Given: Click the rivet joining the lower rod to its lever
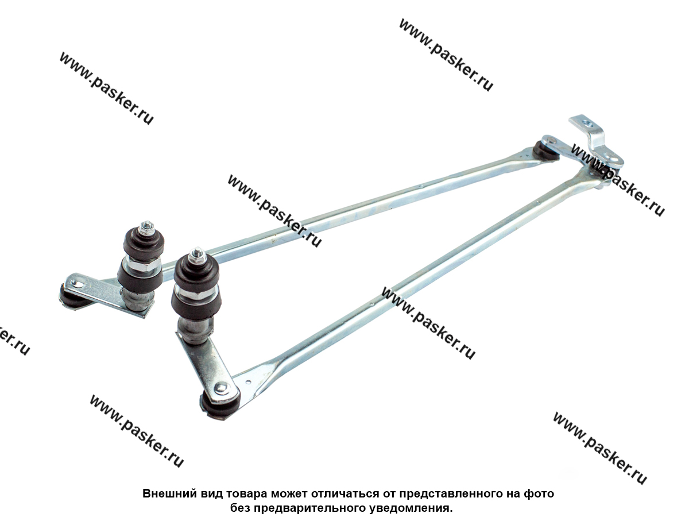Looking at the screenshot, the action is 220,388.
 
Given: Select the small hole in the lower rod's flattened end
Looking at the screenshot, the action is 249,383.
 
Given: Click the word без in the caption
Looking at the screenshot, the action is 240,508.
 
